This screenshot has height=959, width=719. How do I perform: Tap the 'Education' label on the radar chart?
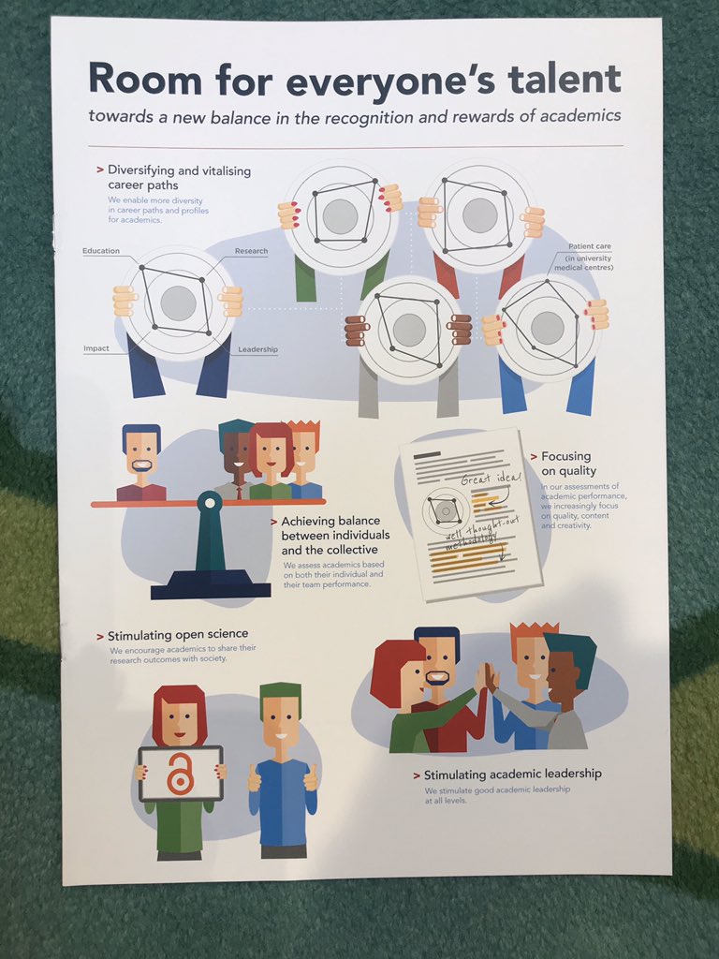101,251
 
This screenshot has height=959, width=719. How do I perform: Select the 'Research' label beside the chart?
251,251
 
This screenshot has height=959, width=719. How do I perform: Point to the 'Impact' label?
96,348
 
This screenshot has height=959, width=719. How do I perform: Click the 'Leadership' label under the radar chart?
257,349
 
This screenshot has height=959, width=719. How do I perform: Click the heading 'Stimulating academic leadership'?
512,775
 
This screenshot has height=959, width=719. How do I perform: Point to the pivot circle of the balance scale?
209,505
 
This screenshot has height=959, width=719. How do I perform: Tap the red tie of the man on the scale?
239,491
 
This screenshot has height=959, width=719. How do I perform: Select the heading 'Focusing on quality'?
567,464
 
